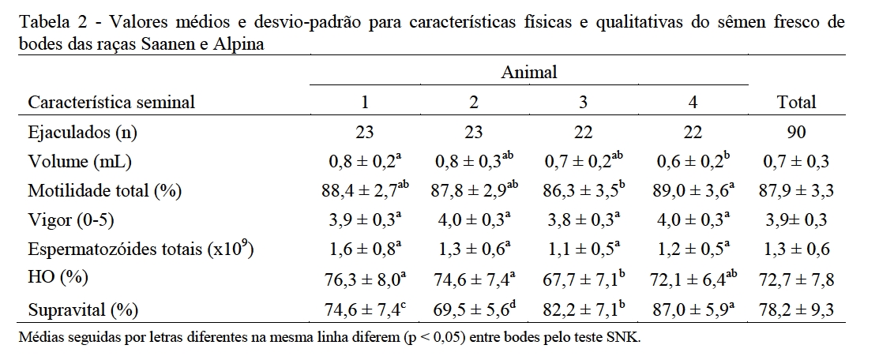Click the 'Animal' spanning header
pyautogui.click(x=529, y=73)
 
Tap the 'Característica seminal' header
pyautogui.click(x=111, y=103)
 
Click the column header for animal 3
pyautogui.click(x=583, y=103)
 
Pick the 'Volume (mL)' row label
pyautogui.click(x=80, y=162)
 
